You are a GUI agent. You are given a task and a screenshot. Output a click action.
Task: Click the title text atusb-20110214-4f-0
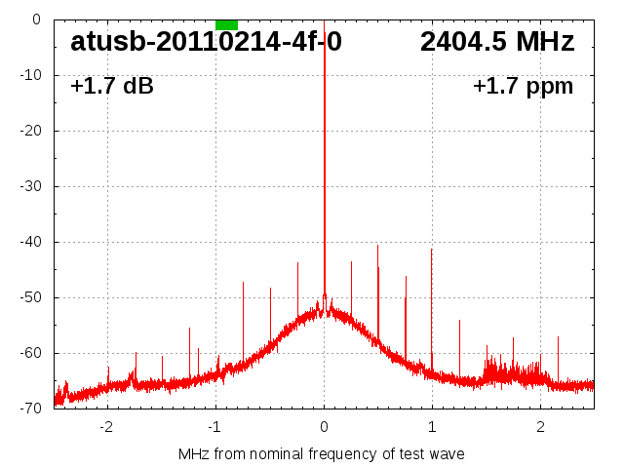[x=206, y=42]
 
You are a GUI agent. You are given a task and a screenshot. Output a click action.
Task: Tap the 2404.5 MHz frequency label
[x=497, y=42]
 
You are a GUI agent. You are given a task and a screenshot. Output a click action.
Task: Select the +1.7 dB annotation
[x=112, y=87]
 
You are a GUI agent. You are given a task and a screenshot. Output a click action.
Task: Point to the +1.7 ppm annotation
[x=523, y=87]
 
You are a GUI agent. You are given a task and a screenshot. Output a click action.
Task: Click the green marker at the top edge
[x=226, y=24]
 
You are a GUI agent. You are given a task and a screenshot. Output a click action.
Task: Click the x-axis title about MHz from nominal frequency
[x=322, y=454]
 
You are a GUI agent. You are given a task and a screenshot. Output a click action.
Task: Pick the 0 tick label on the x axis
[x=324, y=427]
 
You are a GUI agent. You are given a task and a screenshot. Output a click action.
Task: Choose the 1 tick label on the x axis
[x=432, y=427]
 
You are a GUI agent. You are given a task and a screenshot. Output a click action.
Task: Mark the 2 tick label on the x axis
[x=540, y=427]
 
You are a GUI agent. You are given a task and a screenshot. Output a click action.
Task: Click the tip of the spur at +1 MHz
[x=432, y=249]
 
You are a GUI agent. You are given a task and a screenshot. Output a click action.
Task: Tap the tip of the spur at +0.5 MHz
[x=378, y=245]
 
